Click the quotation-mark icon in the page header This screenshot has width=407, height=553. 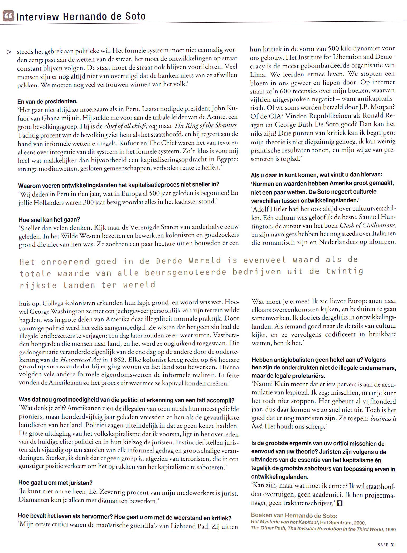pyautogui.click(x=8, y=17)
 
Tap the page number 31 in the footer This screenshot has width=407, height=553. pyautogui.click(x=393, y=545)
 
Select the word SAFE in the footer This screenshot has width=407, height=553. pyautogui.click(x=383, y=545)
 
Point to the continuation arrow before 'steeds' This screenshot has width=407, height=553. pyautogui.click(x=9, y=52)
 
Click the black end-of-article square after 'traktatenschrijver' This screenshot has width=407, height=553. pyautogui.click(x=340, y=503)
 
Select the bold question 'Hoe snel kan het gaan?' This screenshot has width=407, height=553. pyautogui.click(x=49, y=220)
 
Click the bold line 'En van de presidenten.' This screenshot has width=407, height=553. pyautogui.click(x=47, y=101)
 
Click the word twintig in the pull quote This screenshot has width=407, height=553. pyautogui.click(x=345, y=271)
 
